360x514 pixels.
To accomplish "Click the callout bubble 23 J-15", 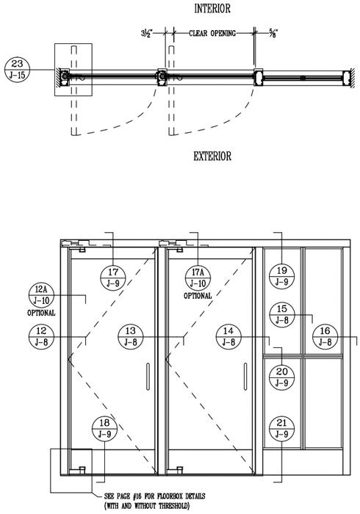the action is [x=18, y=70].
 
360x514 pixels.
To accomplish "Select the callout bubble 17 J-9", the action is [x=113, y=278].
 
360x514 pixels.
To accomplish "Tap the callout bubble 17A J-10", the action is [x=198, y=278].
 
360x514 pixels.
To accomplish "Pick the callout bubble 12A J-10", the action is [x=41, y=295].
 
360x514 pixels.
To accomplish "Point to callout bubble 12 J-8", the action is [x=41, y=336].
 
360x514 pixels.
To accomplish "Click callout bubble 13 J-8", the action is [x=131, y=336].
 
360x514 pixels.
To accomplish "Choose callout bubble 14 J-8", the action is [x=228, y=336].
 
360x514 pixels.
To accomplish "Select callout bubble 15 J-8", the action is [x=281, y=315].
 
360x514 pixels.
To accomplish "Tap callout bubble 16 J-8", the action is [x=325, y=336].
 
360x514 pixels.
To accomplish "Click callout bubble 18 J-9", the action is [x=104, y=428].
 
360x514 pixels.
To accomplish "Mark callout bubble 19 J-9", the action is [x=281, y=276].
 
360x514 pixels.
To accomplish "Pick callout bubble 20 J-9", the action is [x=281, y=377].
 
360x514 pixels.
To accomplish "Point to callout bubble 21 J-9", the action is [x=281, y=428].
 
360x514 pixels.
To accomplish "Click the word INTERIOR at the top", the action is [x=212, y=9].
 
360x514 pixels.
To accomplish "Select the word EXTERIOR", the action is [x=212, y=156].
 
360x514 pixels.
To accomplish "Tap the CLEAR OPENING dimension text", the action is [x=212, y=33].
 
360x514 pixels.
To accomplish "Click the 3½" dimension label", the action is [x=147, y=33].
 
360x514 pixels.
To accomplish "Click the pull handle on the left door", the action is [x=148, y=376].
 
